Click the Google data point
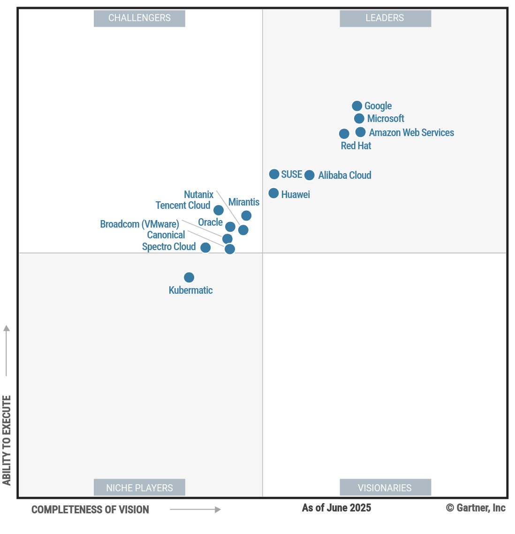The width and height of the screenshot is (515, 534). [x=357, y=106]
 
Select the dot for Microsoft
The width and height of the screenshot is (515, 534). [x=359, y=119]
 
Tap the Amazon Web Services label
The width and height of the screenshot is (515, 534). [x=411, y=133]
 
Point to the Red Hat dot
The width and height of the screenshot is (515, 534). [x=344, y=134]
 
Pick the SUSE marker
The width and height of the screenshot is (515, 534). [x=274, y=174]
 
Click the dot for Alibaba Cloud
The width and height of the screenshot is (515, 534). [x=310, y=175]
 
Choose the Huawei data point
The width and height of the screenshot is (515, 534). [x=274, y=193]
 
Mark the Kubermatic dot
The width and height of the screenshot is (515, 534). [x=189, y=277]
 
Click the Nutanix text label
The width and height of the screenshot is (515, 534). [x=198, y=194]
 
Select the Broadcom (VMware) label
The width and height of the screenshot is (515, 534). [x=140, y=224]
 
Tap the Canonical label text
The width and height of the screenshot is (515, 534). [x=166, y=235]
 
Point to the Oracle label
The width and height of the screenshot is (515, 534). [x=210, y=222]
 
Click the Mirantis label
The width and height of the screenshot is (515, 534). [x=244, y=202]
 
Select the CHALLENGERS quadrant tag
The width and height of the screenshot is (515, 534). [x=139, y=18]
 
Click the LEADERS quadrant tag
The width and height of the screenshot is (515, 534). [x=385, y=18]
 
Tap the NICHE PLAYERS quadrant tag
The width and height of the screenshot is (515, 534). [x=139, y=488]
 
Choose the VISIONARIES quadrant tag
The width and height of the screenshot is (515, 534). [x=385, y=488]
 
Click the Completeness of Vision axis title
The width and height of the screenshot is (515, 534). [x=90, y=510]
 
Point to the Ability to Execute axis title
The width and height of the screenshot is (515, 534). [x=7, y=440]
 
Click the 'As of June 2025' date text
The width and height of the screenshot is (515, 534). [x=336, y=508]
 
